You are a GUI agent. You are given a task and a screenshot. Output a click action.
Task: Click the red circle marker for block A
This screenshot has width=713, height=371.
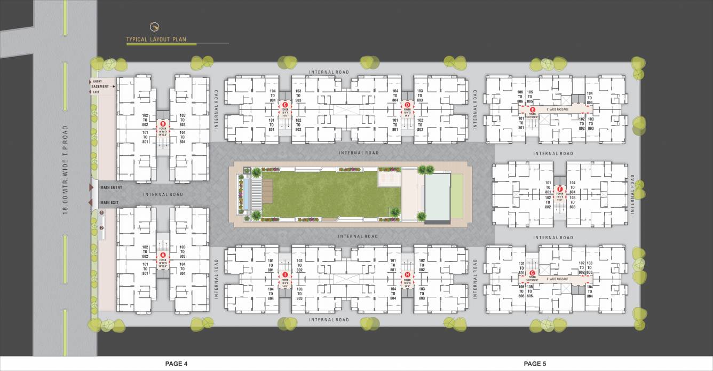point(163,255)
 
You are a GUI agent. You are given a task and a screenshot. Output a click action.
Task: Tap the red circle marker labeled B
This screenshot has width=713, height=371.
point(163,124)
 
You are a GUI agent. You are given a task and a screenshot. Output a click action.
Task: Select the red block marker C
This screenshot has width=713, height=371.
point(284,105)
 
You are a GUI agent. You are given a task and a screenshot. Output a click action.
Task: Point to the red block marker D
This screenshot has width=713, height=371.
point(407,105)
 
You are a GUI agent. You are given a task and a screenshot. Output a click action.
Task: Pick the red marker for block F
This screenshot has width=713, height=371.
point(559,189)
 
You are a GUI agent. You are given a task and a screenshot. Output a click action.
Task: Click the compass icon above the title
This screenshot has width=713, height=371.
point(155,26)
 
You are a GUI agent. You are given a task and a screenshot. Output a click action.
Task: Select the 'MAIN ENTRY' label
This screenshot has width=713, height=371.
point(111,187)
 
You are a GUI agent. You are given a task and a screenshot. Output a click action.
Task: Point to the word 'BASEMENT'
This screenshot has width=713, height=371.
point(100,86)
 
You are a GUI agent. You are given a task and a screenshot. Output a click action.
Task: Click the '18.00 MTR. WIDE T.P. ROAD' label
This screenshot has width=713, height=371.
point(65,170)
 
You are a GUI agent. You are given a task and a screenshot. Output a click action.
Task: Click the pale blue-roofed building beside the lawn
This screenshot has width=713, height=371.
point(438,198)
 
